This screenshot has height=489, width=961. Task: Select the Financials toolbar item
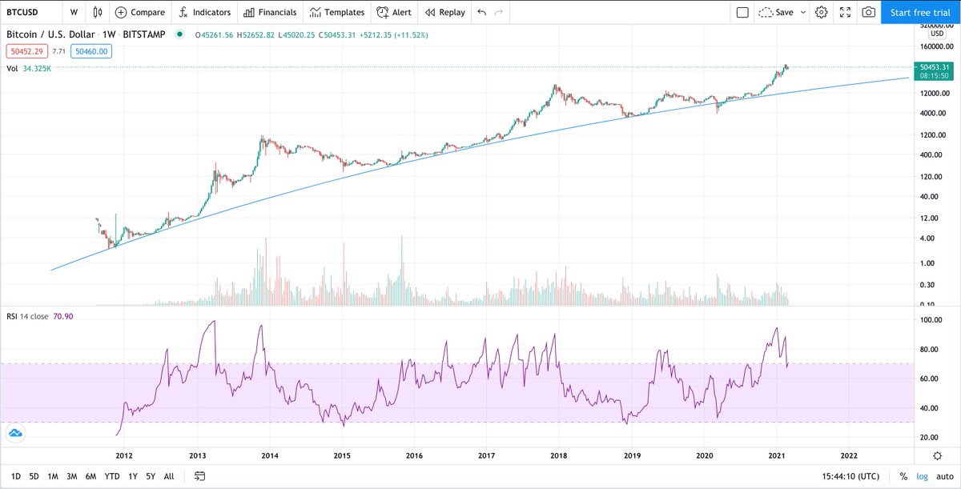point(270,12)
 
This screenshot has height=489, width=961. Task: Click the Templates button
point(337,12)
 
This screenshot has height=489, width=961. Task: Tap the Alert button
point(394,12)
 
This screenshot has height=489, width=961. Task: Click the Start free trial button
point(920,12)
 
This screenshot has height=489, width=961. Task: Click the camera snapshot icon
point(868,12)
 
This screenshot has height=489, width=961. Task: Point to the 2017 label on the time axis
point(486,455)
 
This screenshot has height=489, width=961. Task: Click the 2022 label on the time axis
point(848,455)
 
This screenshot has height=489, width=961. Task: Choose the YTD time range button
point(112,476)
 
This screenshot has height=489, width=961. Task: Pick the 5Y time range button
point(150,476)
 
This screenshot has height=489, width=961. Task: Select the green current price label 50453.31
point(935,67)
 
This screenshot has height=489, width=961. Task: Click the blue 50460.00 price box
point(90,51)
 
